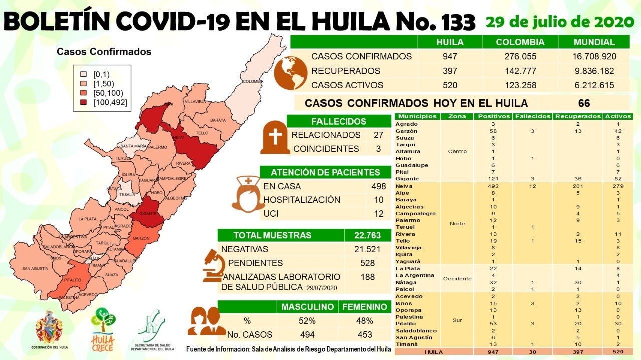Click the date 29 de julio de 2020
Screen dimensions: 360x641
[x=559, y=22]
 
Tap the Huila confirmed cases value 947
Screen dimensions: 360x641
[x=450, y=56]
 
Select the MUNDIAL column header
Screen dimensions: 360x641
[x=595, y=42]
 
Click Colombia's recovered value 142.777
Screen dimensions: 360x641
[x=520, y=71]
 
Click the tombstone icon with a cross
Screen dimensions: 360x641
[x=275, y=137]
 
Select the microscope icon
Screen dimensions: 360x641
[x=213, y=265]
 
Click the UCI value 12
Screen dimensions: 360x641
[x=378, y=213]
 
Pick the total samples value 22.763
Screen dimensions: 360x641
[x=367, y=235]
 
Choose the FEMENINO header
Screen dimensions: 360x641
[x=364, y=307]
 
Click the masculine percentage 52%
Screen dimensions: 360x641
[x=307, y=321]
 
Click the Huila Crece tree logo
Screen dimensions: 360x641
[x=103, y=328]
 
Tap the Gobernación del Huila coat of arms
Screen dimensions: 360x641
[x=49, y=328]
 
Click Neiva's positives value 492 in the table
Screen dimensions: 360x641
[x=479, y=186]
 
